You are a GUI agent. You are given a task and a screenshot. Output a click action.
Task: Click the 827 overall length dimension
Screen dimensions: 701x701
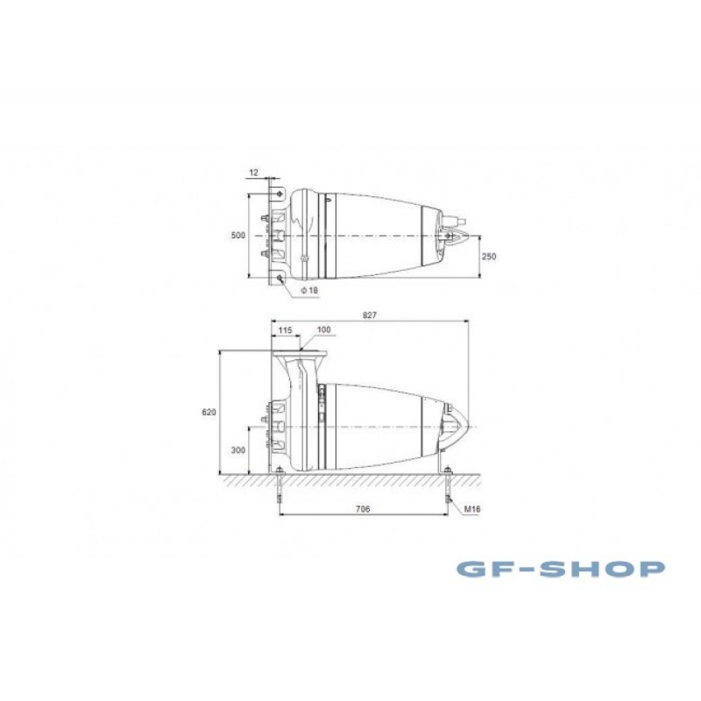370,315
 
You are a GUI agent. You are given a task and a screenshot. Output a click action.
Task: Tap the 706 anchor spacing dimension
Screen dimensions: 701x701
363,509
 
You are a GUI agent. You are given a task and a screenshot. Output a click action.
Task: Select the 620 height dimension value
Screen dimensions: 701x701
209,412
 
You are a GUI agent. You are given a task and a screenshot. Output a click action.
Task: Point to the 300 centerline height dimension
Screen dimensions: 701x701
237,450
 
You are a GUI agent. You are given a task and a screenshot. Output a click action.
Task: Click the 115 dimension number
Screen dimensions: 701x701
285,330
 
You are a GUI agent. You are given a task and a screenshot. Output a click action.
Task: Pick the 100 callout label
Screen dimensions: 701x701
323,329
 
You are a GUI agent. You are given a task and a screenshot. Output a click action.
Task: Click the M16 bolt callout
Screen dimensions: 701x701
472,509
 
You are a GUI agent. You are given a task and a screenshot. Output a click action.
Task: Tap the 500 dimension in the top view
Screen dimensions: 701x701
237,235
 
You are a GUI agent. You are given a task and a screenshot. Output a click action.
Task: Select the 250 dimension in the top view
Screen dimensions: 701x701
489,256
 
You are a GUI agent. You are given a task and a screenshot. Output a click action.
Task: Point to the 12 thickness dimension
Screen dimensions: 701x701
253,172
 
